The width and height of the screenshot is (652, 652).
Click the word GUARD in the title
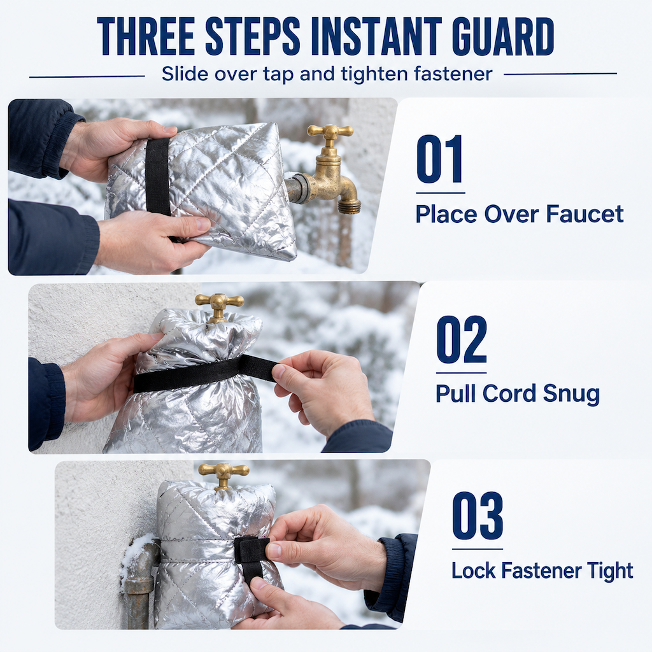(x=503, y=36)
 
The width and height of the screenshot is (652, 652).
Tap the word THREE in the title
(x=146, y=36)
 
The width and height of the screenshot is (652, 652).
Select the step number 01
(x=440, y=159)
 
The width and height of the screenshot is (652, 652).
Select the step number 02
(x=462, y=339)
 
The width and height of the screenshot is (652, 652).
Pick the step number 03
(x=478, y=516)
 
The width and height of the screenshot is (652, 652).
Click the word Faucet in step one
(x=585, y=214)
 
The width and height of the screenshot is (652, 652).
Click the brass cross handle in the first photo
(x=330, y=132)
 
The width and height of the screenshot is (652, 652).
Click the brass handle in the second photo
(x=219, y=301)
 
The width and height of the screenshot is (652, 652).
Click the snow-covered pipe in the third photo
(x=139, y=582)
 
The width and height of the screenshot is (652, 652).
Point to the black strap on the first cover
(x=158, y=177)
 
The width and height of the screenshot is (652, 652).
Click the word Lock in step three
(x=473, y=570)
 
